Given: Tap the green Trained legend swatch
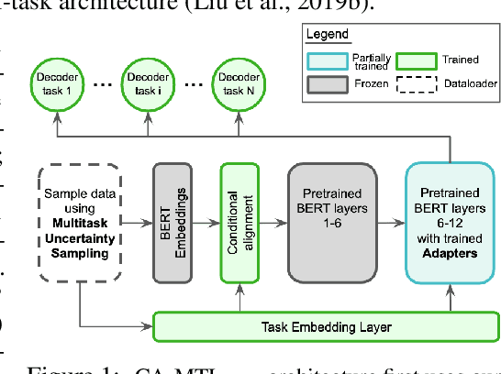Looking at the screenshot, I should click(417, 60).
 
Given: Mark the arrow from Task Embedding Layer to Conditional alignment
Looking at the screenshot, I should click(240, 298).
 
